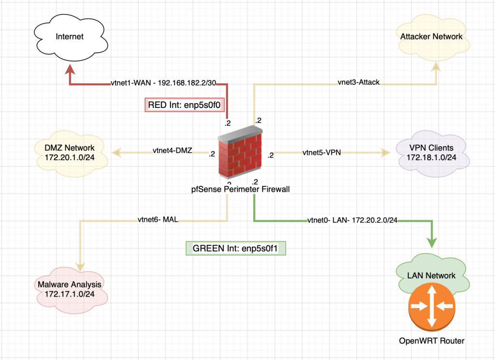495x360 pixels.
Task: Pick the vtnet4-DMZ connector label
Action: click(x=172, y=151)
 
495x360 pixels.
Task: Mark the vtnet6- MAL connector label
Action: click(x=158, y=220)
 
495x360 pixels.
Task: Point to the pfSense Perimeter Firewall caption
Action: click(x=241, y=189)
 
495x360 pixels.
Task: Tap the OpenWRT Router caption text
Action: click(x=431, y=341)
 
